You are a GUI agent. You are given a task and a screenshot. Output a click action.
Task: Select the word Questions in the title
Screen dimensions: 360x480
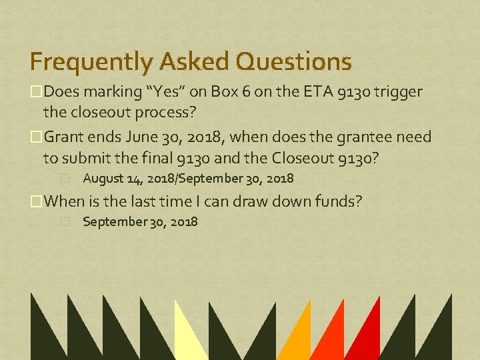pyautogui.click(x=294, y=62)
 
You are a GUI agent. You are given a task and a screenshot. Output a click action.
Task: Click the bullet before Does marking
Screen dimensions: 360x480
pyautogui.click(x=36, y=91)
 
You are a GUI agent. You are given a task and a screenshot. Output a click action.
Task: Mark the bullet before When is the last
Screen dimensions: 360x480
pyautogui.click(x=36, y=201)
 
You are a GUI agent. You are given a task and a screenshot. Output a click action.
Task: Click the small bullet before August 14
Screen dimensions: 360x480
pyautogui.click(x=65, y=179)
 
